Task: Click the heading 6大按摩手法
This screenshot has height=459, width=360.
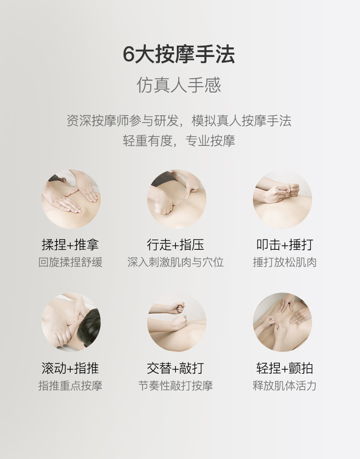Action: click(179, 54)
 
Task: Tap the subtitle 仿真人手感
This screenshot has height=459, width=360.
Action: click(179, 85)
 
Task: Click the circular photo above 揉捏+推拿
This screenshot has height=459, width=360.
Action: click(71, 199)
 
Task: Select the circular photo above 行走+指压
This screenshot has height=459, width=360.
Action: click(177, 199)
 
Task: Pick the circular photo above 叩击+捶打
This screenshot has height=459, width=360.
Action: click(283, 199)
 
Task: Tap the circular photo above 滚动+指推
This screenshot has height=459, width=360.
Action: click(71, 322)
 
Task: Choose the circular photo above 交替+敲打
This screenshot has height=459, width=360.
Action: click(177, 322)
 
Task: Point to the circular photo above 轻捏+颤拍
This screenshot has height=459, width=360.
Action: click(283, 322)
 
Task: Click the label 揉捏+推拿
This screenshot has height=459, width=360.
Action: click(70, 245)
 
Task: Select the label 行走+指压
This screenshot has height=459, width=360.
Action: click(175, 245)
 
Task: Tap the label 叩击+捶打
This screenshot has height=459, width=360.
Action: click(285, 245)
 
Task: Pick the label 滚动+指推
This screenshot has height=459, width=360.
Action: click(70, 368)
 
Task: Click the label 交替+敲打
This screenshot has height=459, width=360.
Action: click(175, 368)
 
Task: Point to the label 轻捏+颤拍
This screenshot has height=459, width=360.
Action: click(285, 368)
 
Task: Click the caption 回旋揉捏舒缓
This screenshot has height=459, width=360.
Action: click(70, 262)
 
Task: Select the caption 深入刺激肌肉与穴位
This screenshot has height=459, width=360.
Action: click(175, 262)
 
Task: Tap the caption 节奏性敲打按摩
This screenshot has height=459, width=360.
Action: click(175, 386)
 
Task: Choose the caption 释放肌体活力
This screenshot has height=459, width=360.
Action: click(285, 386)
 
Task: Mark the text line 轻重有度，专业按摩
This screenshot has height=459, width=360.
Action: click(179, 141)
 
